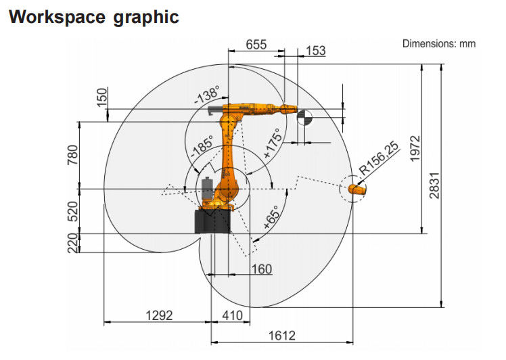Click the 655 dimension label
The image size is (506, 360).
pyautogui.click(x=256, y=45)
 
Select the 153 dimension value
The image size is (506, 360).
pyautogui.click(x=316, y=51)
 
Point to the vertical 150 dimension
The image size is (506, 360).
pyautogui.click(x=101, y=97)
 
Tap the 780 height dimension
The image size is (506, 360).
pyautogui.click(x=73, y=155)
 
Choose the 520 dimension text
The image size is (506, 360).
pyautogui.click(x=73, y=211)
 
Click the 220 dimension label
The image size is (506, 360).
pyautogui.click(x=73, y=243)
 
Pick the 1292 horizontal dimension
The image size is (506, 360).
pyautogui.click(x=159, y=315)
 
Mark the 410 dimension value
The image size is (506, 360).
pyautogui.click(x=232, y=315)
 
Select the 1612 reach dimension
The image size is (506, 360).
pyautogui.click(x=282, y=336)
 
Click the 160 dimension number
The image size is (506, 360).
pyautogui.click(x=262, y=269)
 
